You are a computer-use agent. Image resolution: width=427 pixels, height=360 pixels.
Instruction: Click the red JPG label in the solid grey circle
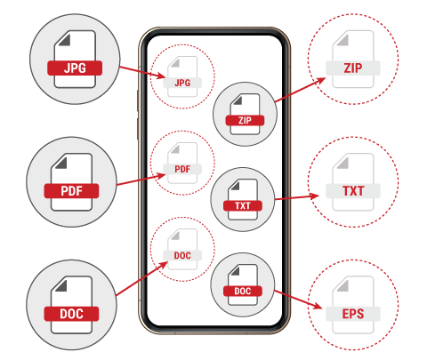point(75,68)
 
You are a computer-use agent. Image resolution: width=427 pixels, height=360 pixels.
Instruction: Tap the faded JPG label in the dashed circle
point(182,83)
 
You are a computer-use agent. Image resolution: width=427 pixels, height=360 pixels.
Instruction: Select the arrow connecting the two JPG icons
point(142,72)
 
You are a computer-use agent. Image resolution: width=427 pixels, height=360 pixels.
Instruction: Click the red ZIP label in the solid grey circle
point(245,120)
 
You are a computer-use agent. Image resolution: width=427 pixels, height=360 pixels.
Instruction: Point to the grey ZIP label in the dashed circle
point(353,68)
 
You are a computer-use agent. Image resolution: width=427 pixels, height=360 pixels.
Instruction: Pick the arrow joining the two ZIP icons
point(300,90)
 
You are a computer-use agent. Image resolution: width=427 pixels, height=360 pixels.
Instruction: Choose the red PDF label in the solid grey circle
point(71,191)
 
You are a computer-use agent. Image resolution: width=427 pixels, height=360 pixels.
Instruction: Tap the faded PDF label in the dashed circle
point(182,169)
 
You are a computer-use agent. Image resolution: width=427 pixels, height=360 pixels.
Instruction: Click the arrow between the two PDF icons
point(141,180)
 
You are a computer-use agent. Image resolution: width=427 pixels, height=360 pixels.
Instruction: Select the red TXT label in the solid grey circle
point(243,205)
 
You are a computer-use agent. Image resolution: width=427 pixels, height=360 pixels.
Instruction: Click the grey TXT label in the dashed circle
point(353,191)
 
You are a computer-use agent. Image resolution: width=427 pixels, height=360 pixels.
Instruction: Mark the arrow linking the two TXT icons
point(297,197)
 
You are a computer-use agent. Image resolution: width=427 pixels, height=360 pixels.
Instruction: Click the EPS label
point(353,314)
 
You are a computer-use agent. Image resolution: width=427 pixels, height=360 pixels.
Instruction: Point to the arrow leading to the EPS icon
point(298,300)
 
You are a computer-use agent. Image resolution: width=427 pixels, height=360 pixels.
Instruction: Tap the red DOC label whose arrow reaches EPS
point(243,291)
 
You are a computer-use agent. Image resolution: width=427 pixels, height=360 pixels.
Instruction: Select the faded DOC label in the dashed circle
point(182,255)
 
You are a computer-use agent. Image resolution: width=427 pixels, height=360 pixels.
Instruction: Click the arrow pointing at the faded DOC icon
point(142,279)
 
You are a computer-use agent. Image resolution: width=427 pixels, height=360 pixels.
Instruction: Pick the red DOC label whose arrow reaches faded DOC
point(71,314)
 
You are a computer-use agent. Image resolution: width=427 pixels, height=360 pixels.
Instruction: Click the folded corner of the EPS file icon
point(343,285)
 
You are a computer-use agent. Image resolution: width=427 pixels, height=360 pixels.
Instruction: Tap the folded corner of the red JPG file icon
point(65,40)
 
